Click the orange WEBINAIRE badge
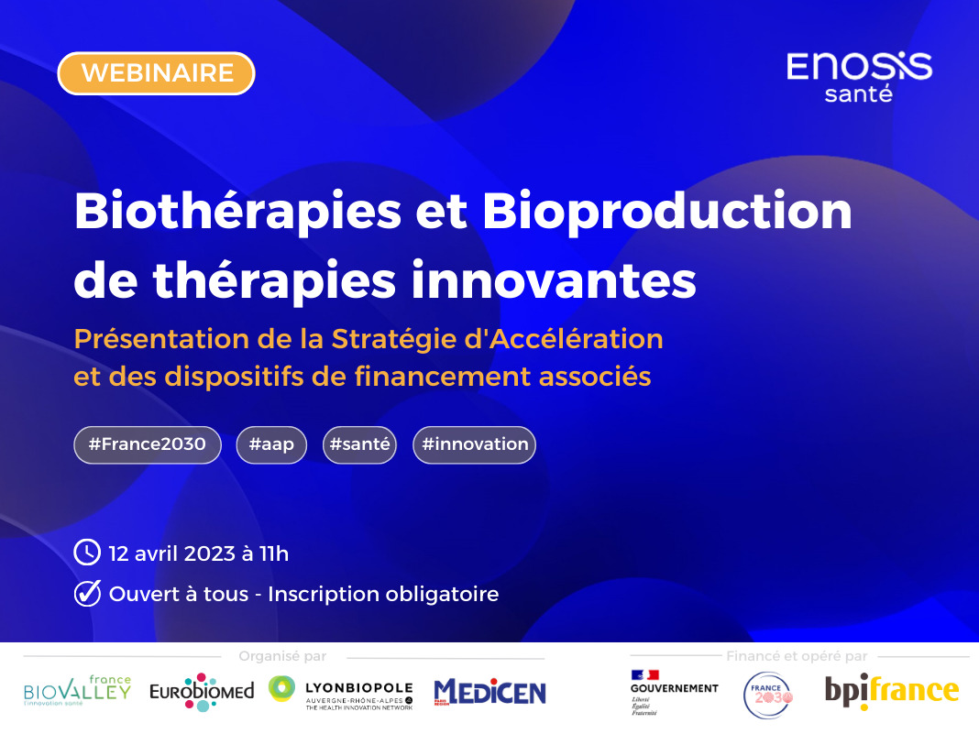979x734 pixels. (x=156, y=73)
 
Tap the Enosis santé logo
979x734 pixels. (x=859, y=76)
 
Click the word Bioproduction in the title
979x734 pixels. (x=666, y=212)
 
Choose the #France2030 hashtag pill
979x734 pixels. (x=148, y=444)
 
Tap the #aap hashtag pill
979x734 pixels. (x=271, y=444)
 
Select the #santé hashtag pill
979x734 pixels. (x=359, y=444)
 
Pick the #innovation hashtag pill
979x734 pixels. (x=474, y=444)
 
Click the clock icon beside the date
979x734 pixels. (x=86, y=553)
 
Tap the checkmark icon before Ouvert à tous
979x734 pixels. (x=86, y=594)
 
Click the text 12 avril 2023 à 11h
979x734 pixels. (x=199, y=553)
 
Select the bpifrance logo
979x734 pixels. (x=891, y=690)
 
